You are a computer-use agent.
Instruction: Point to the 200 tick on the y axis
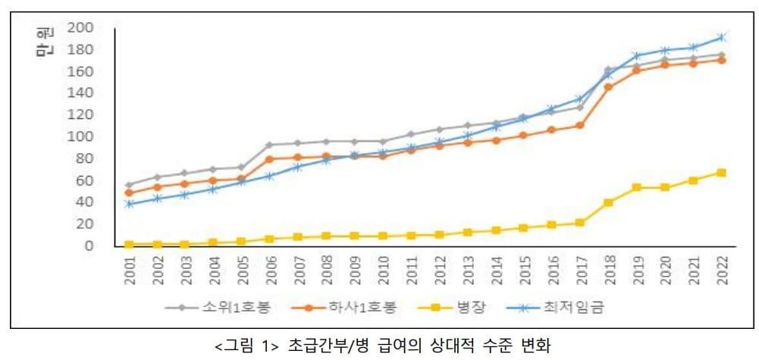[x=80, y=28]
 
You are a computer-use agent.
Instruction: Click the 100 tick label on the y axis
[x=80, y=137]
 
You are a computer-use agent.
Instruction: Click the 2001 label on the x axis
[x=129, y=271]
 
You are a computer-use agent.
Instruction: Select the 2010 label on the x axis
[x=384, y=271]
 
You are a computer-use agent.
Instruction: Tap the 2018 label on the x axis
[x=608, y=271]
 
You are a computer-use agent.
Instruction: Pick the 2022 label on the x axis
[x=721, y=271]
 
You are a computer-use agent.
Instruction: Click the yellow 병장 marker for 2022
[x=721, y=173]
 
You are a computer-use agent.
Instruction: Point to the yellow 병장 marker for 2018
[x=608, y=202]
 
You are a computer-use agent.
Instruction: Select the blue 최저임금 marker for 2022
[x=721, y=37]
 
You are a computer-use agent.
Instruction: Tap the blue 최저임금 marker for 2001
[x=129, y=204]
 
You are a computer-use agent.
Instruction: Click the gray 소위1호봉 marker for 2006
[x=270, y=145]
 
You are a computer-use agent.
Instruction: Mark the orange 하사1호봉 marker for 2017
[x=580, y=125]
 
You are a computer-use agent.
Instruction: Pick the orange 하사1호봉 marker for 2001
[x=129, y=193]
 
